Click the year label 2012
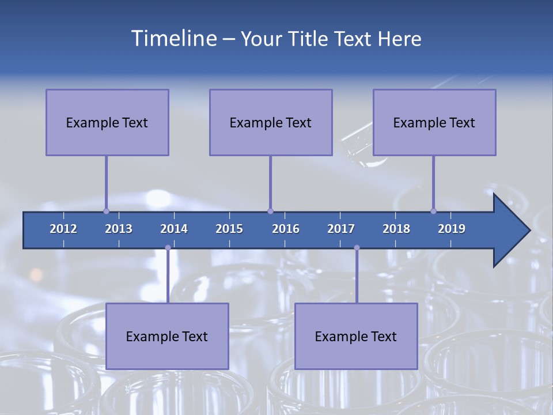pos(63,229)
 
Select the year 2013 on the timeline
pos(119,229)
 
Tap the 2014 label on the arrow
pos(174,229)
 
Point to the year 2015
pos(229,229)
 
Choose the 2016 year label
pos(286,229)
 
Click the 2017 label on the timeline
pos(341,229)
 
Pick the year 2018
pos(396,229)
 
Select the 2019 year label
pos(452,229)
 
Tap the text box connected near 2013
pos(107,122)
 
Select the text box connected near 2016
pos(271,122)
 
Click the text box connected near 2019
pos(434,122)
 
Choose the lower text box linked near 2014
pos(167,336)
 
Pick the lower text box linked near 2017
pos(356,336)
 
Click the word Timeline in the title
pos(173,39)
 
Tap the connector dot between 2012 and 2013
pos(106,211)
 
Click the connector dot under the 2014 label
pos(168,248)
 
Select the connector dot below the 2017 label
pos(357,248)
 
